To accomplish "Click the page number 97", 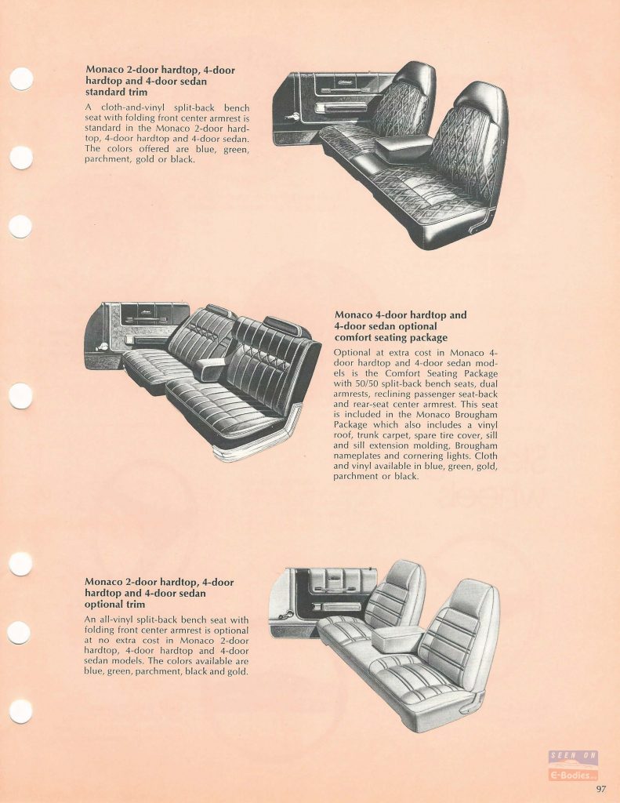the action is [601, 789].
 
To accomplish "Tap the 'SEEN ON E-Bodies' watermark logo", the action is [573, 765].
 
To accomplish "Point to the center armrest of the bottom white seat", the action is [398, 638].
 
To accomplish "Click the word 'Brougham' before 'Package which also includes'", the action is [475, 414].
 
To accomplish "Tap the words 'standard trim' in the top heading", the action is [116, 93].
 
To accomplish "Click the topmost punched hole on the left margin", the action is [21, 79].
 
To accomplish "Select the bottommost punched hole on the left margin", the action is [20, 711].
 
